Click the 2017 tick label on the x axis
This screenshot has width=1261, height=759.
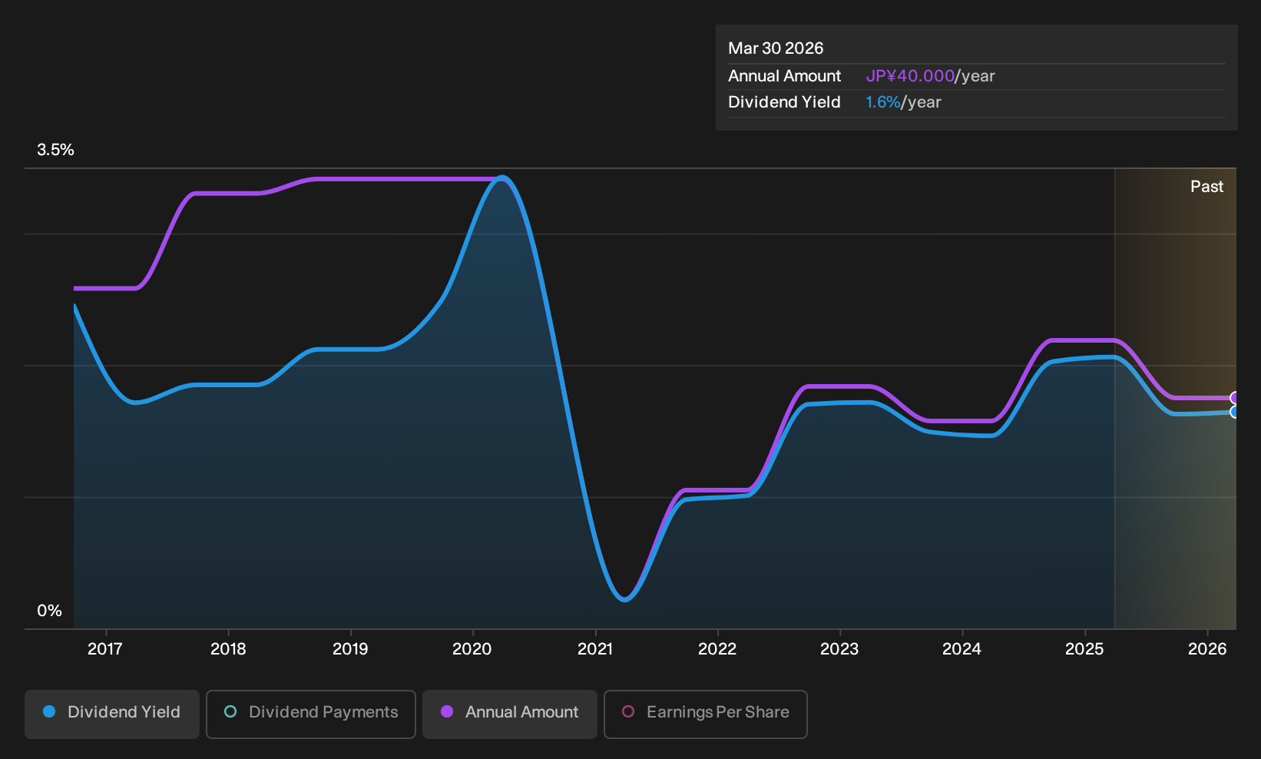pos(105,649)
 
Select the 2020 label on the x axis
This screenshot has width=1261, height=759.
pos(472,649)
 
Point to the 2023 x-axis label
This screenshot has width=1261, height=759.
pos(839,649)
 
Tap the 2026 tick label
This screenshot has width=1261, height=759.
pos(1207,649)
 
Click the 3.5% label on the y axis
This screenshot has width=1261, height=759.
pos(56,150)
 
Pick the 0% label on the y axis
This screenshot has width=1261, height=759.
pos(50,611)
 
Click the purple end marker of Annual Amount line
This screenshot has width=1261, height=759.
pos(1234,398)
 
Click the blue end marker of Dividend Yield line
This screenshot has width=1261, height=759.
pos(1234,413)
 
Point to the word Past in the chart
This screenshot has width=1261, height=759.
pos(1206,187)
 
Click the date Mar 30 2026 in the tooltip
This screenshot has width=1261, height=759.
pos(776,48)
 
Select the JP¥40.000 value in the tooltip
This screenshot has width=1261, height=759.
pos(910,76)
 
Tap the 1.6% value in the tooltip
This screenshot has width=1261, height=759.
pos(882,102)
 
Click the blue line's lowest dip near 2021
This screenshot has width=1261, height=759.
pos(624,600)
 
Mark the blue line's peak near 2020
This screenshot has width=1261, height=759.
pos(501,178)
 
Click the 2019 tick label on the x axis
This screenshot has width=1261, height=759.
pos(350,649)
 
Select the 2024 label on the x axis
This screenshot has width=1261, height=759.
pos(961,649)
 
